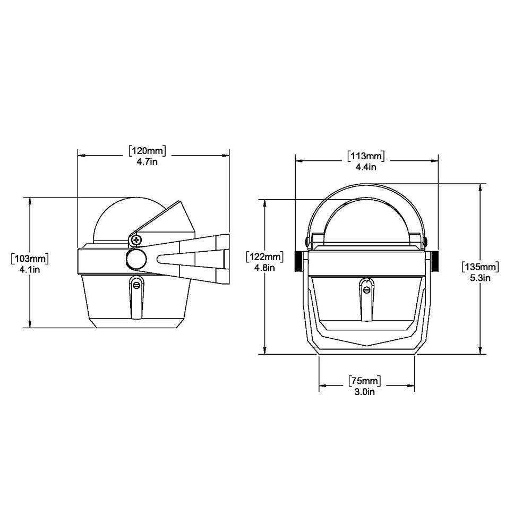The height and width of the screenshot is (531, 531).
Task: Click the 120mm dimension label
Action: (147, 151)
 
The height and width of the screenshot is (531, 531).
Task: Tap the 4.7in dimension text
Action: (147, 162)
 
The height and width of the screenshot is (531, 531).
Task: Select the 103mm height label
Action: (30, 259)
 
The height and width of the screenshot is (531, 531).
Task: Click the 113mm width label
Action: (366, 156)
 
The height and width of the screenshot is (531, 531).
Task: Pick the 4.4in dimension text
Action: (366, 167)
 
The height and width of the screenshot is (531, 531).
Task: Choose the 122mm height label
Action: (265, 256)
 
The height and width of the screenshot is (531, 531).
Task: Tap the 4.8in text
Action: (264, 268)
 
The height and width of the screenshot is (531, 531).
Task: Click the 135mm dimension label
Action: (480, 267)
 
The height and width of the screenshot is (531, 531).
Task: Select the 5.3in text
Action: (480, 278)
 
